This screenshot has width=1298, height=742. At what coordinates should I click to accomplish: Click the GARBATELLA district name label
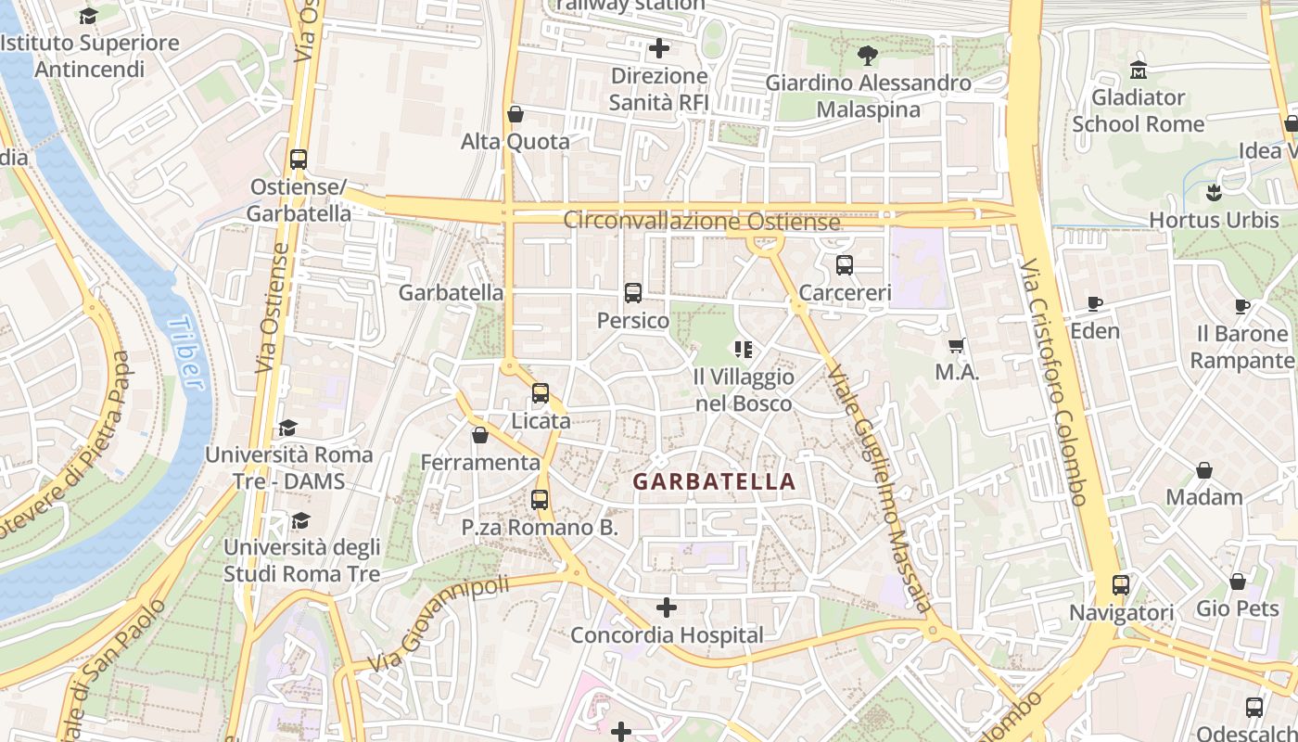(x=714, y=481)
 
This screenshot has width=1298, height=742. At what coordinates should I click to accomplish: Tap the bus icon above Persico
(x=633, y=293)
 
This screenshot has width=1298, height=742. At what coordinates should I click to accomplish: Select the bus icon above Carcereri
(x=844, y=265)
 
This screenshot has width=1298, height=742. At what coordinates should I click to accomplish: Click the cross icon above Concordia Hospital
(x=666, y=608)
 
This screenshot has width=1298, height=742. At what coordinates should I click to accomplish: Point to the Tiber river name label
(x=185, y=352)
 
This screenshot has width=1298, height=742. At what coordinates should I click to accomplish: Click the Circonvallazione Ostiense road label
(x=702, y=222)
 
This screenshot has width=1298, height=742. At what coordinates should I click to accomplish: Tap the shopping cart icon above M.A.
(x=957, y=345)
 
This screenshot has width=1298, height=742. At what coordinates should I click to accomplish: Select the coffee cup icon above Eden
(x=1094, y=303)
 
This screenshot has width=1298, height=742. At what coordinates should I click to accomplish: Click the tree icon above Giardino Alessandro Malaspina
(x=868, y=56)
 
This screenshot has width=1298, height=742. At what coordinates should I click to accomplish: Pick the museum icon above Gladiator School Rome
(x=1138, y=70)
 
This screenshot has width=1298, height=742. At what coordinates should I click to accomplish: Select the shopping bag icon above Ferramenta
(x=479, y=435)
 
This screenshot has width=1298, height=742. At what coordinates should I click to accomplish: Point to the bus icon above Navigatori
(x=1120, y=585)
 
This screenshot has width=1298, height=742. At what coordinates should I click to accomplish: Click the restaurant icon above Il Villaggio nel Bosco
(x=743, y=350)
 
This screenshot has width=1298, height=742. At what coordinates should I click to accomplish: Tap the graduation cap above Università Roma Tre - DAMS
(x=287, y=428)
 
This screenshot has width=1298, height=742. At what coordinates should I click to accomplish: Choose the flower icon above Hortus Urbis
(x=1214, y=193)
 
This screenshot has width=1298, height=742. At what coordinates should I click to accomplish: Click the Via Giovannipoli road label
(x=439, y=623)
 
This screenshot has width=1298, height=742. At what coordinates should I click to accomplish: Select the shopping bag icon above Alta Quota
(x=515, y=114)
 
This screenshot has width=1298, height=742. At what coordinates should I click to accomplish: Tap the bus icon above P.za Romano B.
(x=540, y=500)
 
